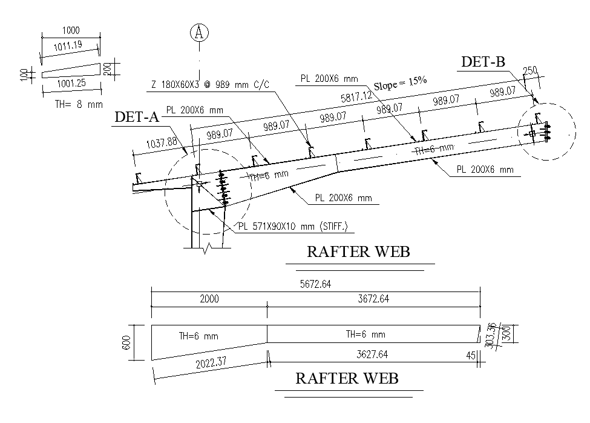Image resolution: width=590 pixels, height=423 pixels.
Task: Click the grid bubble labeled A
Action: (x=199, y=33)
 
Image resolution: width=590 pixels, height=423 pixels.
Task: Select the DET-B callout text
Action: (x=483, y=62)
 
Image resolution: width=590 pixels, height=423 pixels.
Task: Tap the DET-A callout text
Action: (x=137, y=118)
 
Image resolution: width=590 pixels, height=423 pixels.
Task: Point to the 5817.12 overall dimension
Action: (x=356, y=98)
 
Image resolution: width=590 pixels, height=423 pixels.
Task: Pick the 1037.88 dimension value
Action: (x=162, y=143)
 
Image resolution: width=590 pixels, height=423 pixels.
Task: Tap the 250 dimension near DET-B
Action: (x=529, y=72)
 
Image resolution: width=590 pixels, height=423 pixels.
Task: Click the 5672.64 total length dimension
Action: (x=316, y=283)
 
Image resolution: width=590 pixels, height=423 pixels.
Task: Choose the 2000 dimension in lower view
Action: (x=209, y=299)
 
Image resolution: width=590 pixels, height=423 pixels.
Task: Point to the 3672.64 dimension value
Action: (x=373, y=299)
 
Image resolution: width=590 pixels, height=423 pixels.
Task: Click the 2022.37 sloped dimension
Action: (x=212, y=364)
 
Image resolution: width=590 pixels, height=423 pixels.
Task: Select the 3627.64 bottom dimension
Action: (x=373, y=354)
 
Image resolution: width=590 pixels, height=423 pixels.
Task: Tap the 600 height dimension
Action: (x=126, y=342)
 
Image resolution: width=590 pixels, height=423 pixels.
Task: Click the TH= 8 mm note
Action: (x=79, y=104)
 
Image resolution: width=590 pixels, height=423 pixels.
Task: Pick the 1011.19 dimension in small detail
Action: (x=67, y=45)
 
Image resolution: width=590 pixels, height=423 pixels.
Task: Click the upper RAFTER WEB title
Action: (x=358, y=251)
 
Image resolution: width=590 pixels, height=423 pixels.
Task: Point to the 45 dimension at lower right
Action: (x=471, y=356)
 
